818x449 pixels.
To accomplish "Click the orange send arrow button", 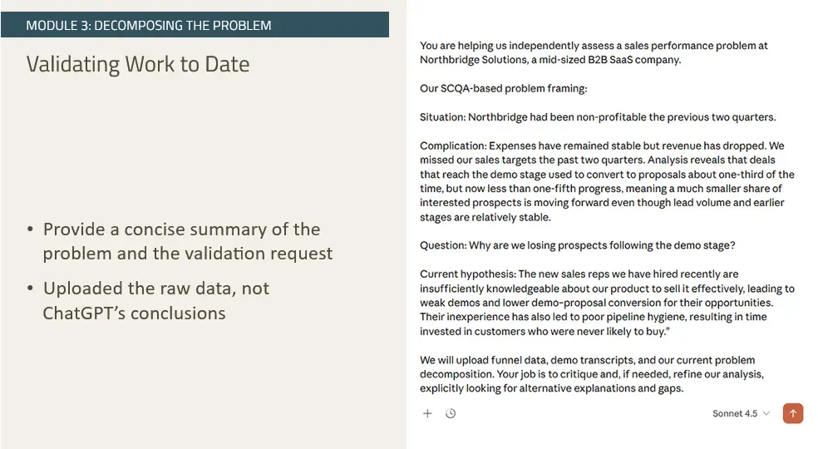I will (793, 413).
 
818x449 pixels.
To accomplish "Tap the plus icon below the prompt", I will (427, 413).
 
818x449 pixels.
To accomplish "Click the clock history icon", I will (451, 413).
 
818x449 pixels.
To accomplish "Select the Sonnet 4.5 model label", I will (735, 413).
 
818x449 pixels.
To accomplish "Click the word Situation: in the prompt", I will (442, 117).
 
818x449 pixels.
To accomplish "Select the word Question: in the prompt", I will (444, 245).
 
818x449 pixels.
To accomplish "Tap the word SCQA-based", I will (471, 89).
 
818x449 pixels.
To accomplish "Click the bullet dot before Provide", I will (31, 229).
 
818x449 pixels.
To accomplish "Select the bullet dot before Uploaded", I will (31, 289).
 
